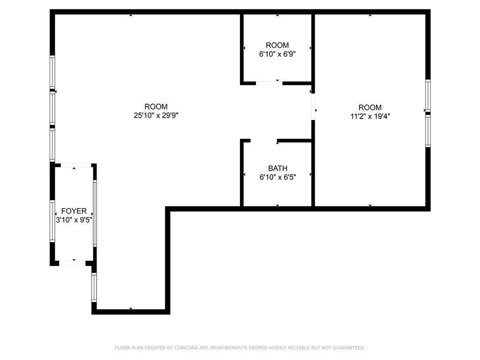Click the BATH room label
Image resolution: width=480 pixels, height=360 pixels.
(277, 168)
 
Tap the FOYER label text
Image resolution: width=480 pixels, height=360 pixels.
(74, 211)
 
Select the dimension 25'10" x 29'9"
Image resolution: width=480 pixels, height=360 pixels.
(156, 115)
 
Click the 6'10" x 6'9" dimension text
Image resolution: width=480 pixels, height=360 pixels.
(277, 54)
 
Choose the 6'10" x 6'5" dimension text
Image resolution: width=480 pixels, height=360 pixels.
(277, 177)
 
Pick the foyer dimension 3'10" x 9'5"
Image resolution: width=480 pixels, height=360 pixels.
(74, 219)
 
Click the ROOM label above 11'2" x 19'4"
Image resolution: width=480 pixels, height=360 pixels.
(370, 107)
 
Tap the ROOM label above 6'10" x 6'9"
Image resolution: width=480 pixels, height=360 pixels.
(277, 45)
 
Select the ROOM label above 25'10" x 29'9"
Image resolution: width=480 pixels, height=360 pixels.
(156, 107)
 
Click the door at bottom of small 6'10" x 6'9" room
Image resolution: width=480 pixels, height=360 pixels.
(269, 83)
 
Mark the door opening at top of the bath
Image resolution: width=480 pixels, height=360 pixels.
(264, 140)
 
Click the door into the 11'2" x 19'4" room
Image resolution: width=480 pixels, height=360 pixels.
(313, 107)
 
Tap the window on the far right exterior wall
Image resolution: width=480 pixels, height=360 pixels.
(427, 113)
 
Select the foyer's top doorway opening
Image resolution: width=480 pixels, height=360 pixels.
(76, 165)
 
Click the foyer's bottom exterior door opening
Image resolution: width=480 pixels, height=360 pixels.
(72, 263)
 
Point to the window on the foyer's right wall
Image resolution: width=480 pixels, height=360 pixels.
(95, 213)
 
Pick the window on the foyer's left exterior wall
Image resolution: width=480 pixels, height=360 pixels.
(52, 220)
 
